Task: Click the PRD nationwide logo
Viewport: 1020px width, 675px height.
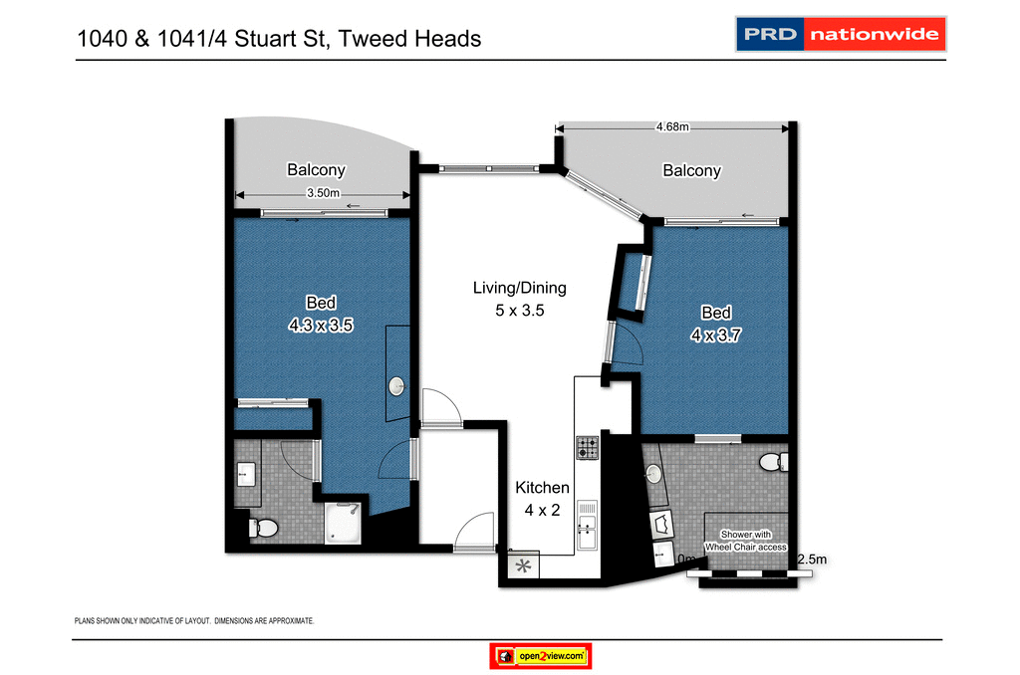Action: click(840, 35)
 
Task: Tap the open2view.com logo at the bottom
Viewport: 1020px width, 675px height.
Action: click(542, 656)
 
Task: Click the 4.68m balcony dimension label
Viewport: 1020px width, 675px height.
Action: click(672, 126)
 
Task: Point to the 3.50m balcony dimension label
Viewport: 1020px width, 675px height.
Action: click(322, 194)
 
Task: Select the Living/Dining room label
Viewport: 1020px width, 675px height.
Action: click(519, 288)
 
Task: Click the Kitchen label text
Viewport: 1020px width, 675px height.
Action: click(542, 488)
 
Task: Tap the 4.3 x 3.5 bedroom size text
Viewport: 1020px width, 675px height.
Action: click(321, 324)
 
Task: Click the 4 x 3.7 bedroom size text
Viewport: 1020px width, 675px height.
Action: click(715, 336)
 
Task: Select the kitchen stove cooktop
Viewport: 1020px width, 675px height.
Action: click(587, 448)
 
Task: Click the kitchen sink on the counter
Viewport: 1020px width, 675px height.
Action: click(587, 519)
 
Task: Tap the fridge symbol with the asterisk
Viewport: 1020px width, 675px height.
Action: click(523, 565)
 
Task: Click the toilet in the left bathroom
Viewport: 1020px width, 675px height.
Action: click(263, 529)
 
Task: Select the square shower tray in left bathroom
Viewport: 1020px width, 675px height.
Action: click(347, 523)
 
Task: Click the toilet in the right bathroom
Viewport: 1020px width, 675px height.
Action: click(771, 462)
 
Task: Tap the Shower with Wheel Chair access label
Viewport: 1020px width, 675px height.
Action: click(746, 541)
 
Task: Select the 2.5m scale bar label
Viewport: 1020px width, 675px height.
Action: click(812, 561)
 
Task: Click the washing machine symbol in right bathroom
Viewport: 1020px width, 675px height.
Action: click(660, 522)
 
